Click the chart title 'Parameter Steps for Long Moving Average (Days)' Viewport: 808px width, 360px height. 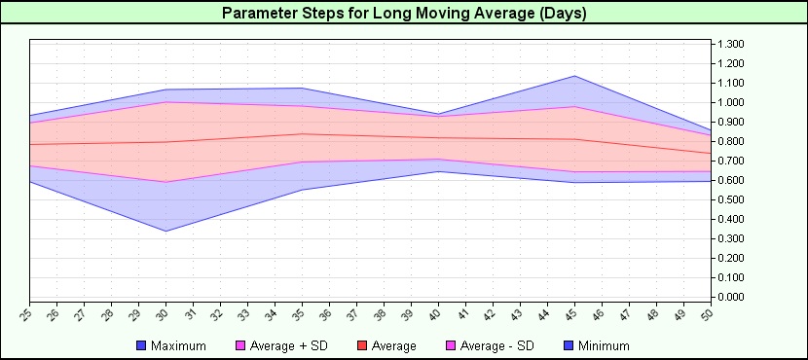tap(404, 14)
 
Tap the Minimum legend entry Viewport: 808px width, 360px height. tap(597, 345)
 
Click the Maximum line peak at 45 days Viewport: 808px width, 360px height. tap(575, 76)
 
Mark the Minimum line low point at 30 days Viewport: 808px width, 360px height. tap(165, 231)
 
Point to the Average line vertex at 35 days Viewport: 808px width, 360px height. tap(302, 134)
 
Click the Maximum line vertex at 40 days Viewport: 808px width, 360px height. tap(439, 114)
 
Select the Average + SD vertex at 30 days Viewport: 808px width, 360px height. tap(165, 102)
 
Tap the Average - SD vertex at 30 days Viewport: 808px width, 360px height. tap(165, 182)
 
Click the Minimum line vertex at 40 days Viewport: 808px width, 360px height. tap(439, 171)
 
